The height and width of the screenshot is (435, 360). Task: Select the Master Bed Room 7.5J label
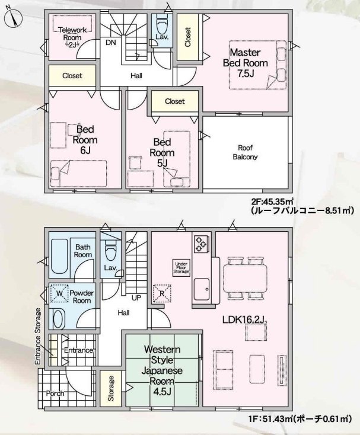[x=246, y=63]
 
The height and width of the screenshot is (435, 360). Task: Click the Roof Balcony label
[x=245, y=152]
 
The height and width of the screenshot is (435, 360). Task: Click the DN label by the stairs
[x=111, y=43]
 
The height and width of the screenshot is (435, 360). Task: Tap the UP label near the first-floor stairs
[x=136, y=298]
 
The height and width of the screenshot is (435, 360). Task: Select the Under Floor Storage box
[x=181, y=268]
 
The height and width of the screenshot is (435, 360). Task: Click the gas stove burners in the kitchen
[x=201, y=244]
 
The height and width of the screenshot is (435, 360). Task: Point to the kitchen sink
[x=202, y=289]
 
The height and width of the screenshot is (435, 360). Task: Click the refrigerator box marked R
[x=162, y=293]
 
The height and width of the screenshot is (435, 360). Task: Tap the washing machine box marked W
[x=59, y=293]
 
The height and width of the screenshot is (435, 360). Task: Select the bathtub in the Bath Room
[x=59, y=257]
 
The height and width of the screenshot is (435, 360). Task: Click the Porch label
[x=55, y=394]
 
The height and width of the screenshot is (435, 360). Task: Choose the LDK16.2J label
[x=243, y=320]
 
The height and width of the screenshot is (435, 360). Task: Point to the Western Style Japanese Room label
[x=162, y=370]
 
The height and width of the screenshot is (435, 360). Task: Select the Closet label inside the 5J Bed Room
[x=175, y=101]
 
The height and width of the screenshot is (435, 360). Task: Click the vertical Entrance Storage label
[x=38, y=336]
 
